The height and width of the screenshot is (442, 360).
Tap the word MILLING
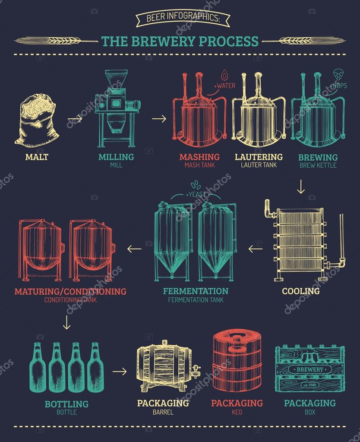[x=115, y=156]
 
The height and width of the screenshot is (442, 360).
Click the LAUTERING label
[x=259, y=156]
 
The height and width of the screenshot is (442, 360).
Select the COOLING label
[x=301, y=291]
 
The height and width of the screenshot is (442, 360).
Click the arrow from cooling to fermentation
[x=256, y=248]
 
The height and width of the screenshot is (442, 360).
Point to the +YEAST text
[x=196, y=195]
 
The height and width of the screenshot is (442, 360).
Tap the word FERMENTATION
[x=196, y=291]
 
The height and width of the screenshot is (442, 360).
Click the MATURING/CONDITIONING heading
[x=70, y=291]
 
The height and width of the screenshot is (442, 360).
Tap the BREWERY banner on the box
[x=309, y=369]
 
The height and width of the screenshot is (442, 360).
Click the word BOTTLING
[x=66, y=404]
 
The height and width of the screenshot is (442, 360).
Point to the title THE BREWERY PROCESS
[x=180, y=41]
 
